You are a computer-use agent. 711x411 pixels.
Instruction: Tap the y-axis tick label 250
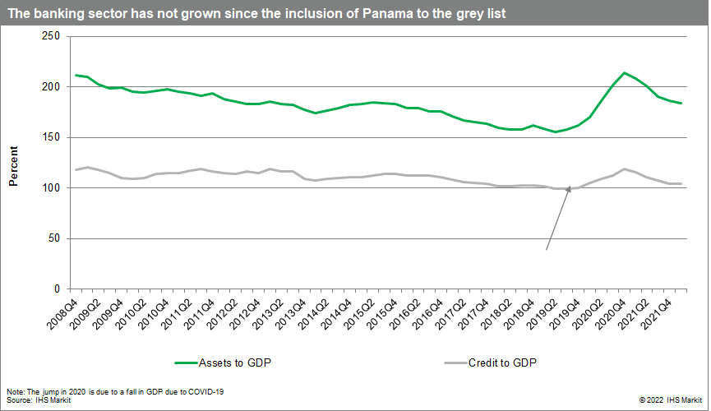[50, 36]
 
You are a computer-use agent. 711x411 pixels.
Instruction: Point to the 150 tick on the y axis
[50, 137]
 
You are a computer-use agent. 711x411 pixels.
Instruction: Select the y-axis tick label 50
[53, 238]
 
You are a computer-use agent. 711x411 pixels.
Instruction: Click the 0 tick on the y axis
[57, 289]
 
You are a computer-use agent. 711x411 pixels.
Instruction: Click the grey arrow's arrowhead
[568, 190]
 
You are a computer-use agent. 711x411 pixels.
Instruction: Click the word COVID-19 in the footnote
[209, 391]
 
